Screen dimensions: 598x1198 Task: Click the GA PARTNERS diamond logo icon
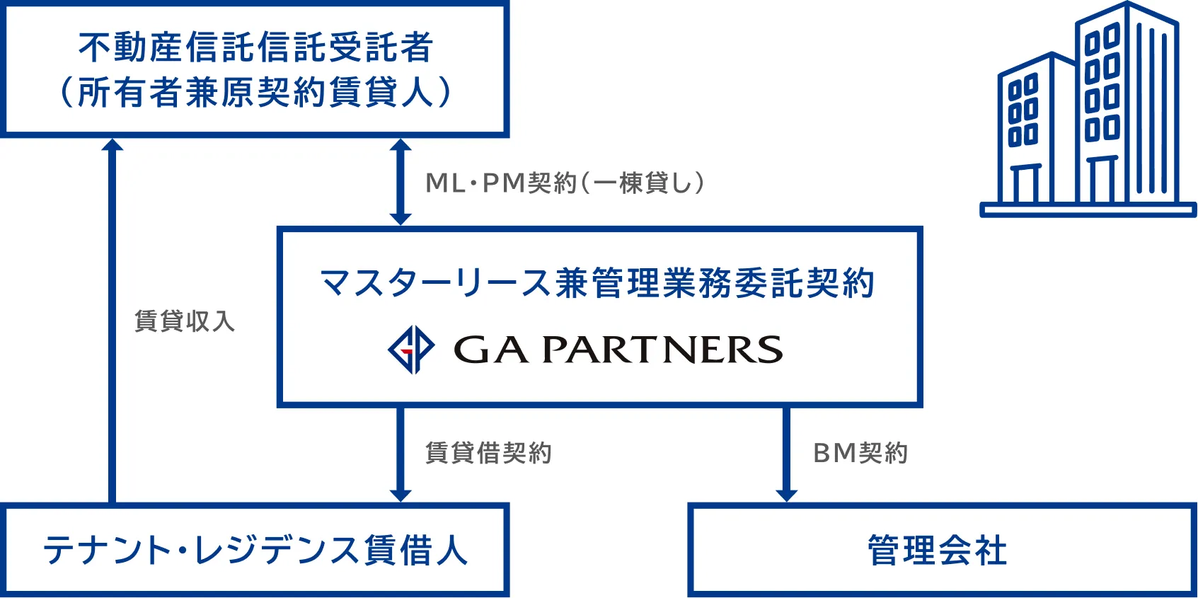[411, 350]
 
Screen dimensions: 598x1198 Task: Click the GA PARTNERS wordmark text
[618, 350]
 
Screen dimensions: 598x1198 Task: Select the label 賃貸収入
[185, 321]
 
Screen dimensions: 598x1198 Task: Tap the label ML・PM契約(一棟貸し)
[565, 183]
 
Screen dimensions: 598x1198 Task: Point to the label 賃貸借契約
[488, 453]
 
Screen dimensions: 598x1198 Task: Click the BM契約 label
[860, 453]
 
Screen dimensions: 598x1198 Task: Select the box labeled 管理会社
[942, 550]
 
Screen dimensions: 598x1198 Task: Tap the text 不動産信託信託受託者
[255, 47]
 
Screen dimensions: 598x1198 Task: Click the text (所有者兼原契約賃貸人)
[255, 92]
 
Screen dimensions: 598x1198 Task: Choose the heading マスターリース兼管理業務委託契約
[598, 283]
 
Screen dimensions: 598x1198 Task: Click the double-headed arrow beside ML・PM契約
[401, 182]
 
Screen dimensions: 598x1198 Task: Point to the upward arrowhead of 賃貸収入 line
[112, 144]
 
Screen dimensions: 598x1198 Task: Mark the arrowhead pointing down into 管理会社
[786, 494]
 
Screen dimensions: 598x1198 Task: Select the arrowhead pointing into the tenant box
[401, 494]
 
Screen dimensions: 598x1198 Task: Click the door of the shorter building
[1025, 183]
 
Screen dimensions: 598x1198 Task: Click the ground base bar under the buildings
[1088, 209]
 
